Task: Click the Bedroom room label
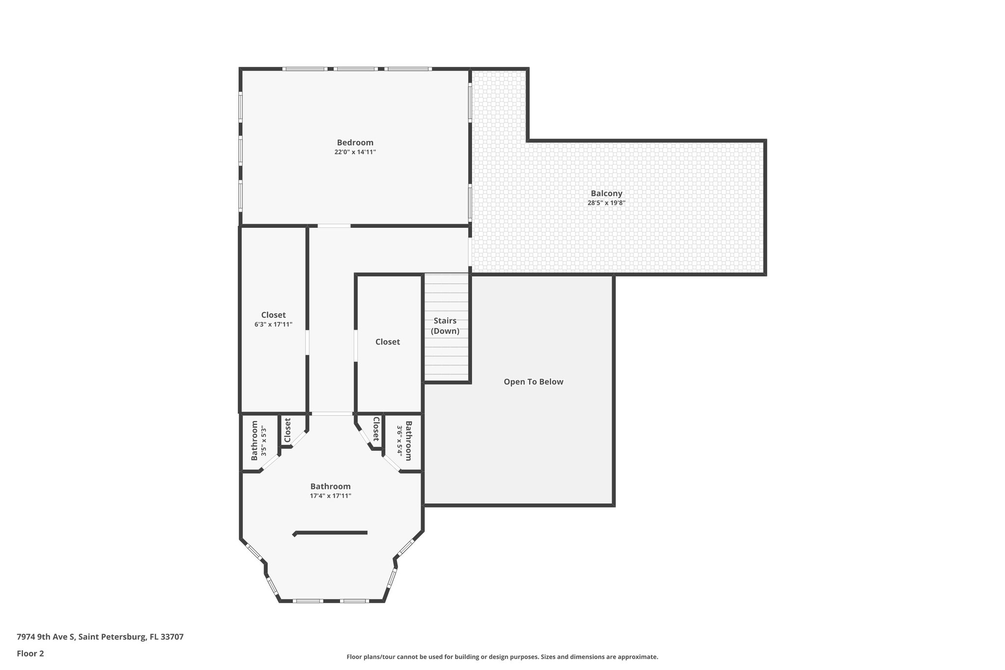pyautogui.click(x=355, y=143)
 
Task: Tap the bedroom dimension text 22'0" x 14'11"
pyautogui.click(x=355, y=152)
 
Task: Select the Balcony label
pyautogui.click(x=606, y=193)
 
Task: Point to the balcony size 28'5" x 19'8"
pyautogui.click(x=606, y=203)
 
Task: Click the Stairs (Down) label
pyautogui.click(x=445, y=326)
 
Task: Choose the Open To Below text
pyautogui.click(x=533, y=382)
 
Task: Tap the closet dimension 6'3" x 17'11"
pyautogui.click(x=273, y=324)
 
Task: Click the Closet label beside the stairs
pyautogui.click(x=388, y=342)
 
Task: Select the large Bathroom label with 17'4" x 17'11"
pyautogui.click(x=330, y=486)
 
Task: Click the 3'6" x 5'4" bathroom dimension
pyautogui.click(x=399, y=441)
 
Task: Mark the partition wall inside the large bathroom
pyautogui.click(x=330, y=533)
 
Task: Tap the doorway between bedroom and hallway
pyautogui.click(x=334, y=226)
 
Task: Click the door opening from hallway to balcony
pyautogui.click(x=470, y=252)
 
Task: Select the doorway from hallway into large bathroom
pyautogui.click(x=332, y=414)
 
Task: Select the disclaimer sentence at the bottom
pyautogui.click(x=502, y=657)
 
